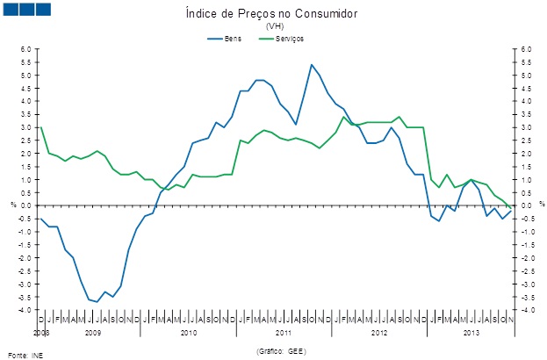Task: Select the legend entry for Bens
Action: [x=233, y=39]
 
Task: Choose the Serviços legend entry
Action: [x=290, y=39]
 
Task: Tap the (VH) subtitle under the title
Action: [x=274, y=26]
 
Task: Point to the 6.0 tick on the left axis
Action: [x=25, y=49]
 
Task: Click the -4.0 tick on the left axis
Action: [x=25, y=310]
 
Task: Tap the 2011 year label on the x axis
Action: [x=284, y=334]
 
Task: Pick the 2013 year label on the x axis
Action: [x=471, y=334]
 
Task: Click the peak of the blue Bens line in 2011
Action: [x=312, y=65]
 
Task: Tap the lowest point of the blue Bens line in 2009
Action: [x=97, y=302]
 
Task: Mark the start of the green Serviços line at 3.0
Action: [x=41, y=128]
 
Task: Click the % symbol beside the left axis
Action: [x=13, y=205]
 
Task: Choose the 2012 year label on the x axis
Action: [x=378, y=334]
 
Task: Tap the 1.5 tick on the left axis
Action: [x=25, y=167]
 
